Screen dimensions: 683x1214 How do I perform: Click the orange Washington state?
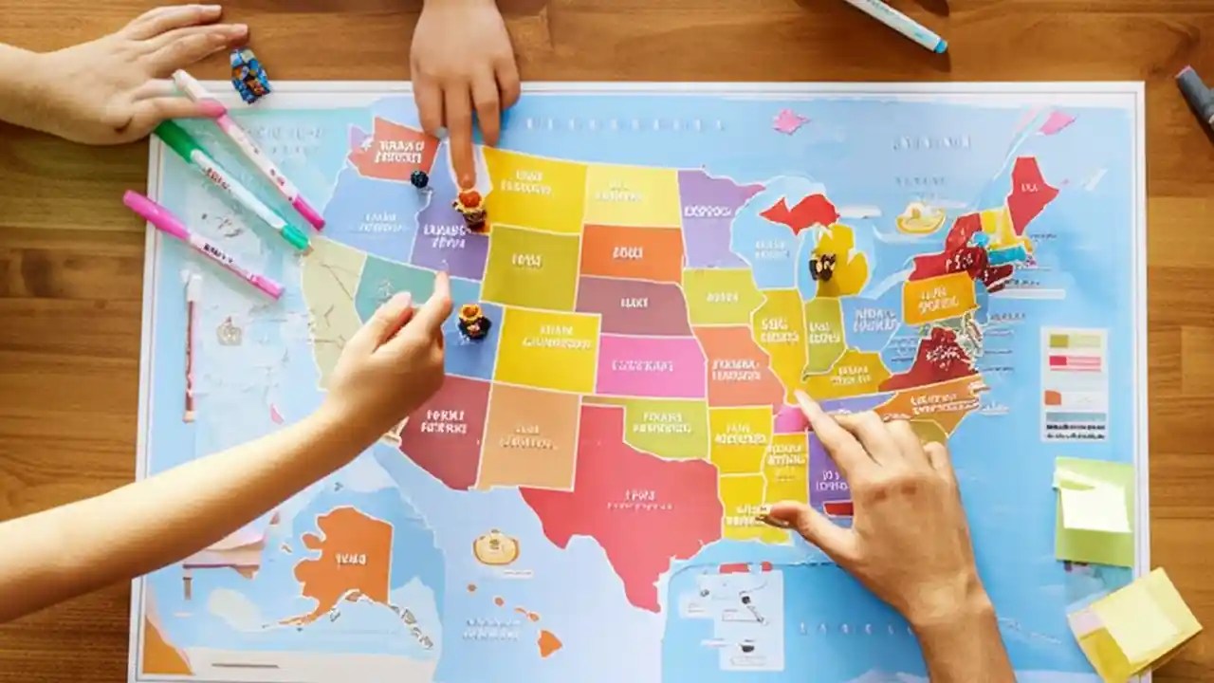point(392,149)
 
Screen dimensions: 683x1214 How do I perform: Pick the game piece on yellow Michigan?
point(821,267)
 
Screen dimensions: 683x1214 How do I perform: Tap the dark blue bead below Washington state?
point(419,178)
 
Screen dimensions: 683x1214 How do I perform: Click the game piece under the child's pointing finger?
point(469,209)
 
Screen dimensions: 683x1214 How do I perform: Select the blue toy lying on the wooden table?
point(249,76)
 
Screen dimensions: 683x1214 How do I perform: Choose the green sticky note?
point(1094,512)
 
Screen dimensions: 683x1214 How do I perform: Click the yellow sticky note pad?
point(1133,621)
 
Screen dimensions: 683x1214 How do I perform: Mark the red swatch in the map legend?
point(1075,361)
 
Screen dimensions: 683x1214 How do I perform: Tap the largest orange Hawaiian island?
point(549,643)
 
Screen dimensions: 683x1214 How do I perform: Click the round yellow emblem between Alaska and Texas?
point(496,547)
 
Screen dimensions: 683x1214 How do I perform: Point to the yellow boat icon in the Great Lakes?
point(920,218)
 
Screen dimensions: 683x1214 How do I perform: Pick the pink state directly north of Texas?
point(650,365)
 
